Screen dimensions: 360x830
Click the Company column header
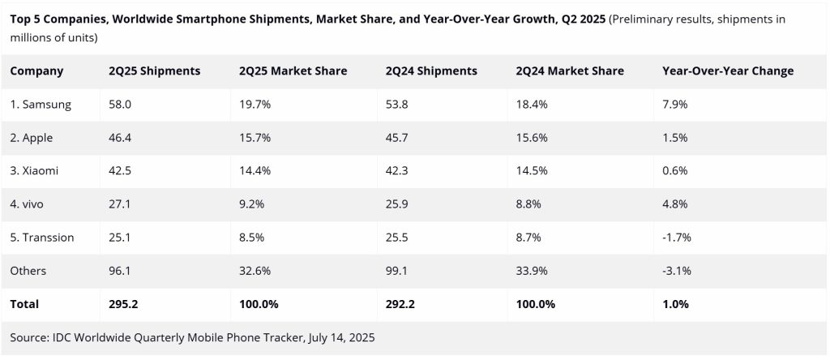pyautogui.click(x=36, y=71)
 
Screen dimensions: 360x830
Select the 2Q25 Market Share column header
pyautogui.click(x=293, y=71)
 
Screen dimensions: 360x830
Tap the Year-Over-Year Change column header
pyautogui.click(x=727, y=71)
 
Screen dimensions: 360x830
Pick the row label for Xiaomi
pyautogui.click(x=34, y=171)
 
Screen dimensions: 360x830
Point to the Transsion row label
pyautogui.click(x=42, y=238)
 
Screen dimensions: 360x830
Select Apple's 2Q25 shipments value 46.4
pyautogui.click(x=119, y=138)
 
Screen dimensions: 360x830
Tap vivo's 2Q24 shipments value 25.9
pyautogui.click(x=397, y=204)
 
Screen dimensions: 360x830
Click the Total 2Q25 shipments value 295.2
pyautogui.click(x=123, y=304)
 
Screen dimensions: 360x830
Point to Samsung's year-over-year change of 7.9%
pyautogui.click(x=674, y=105)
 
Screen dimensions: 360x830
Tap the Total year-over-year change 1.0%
pyautogui.click(x=675, y=304)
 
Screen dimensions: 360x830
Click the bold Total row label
pyautogui.click(x=24, y=304)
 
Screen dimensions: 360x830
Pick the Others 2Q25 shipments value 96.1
pyautogui.click(x=119, y=271)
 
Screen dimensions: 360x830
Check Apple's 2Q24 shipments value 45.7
pyautogui.click(x=397, y=138)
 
